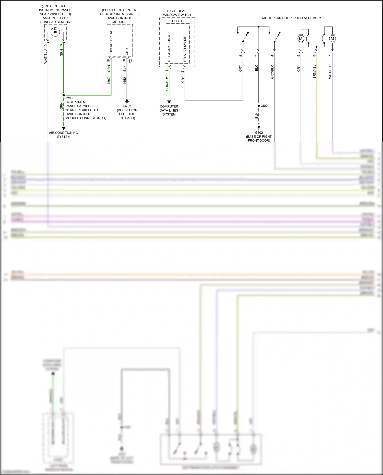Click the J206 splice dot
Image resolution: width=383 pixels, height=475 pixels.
64,95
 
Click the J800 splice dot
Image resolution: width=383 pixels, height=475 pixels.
259,106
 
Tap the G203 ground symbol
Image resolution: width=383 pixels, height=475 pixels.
127,101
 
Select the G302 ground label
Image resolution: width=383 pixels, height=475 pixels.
259,133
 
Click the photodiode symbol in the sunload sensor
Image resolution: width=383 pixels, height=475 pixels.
55,32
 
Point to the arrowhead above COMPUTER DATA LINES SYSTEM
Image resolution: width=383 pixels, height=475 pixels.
169,102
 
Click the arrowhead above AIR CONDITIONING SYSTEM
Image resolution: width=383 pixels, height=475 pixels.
64,128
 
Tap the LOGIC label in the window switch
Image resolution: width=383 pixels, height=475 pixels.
177,21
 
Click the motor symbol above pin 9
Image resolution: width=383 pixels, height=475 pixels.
301,39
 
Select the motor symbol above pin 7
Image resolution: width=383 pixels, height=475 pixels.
332,39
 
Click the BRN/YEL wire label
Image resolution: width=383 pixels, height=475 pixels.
315,72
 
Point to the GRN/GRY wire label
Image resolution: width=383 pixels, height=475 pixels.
167,83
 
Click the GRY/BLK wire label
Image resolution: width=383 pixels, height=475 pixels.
272,72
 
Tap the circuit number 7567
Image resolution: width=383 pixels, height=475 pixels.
109,81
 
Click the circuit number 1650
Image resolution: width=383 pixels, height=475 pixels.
125,81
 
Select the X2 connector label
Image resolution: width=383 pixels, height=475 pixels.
130,61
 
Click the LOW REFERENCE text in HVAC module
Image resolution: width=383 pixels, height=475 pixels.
111,41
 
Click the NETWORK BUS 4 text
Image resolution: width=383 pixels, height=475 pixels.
169,48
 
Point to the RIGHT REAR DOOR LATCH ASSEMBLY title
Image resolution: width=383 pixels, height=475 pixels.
291,18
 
